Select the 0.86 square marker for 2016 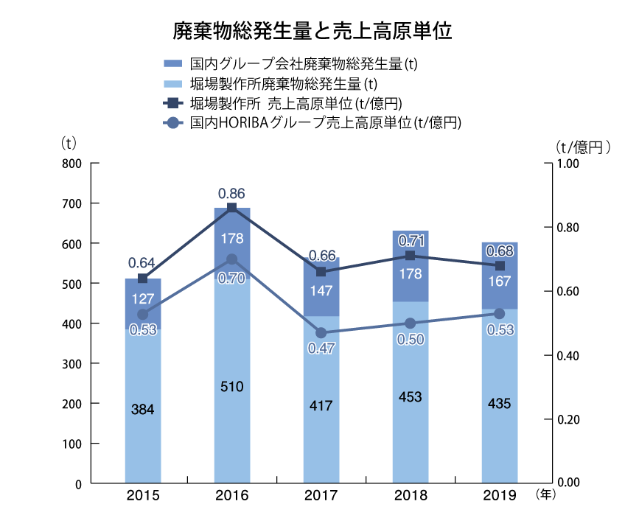(x=231, y=208)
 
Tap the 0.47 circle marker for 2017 (x=321, y=333)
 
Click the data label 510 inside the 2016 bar (x=231, y=386)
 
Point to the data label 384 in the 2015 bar (x=142, y=410)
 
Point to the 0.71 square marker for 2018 (x=410, y=256)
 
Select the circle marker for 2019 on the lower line (x=499, y=313)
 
